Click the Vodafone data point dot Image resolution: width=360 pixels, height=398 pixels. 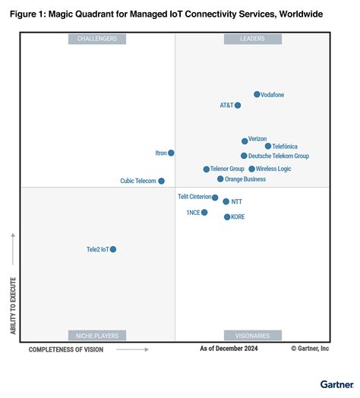click(x=257, y=95)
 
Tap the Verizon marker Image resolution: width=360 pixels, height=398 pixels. click(x=245, y=141)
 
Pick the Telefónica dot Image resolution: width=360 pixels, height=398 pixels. click(x=268, y=146)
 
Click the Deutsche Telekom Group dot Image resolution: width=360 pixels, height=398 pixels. click(x=244, y=156)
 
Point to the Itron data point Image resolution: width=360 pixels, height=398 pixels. click(x=171, y=153)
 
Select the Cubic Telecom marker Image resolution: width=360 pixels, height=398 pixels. click(x=161, y=181)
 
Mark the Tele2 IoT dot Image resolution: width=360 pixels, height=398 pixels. click(x=113, y=249)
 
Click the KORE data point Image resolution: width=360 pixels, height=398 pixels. click(x=226, y=217)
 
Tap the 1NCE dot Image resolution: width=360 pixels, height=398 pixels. click(x=204, y=213)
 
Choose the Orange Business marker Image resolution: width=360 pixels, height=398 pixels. click(x=220, y=179)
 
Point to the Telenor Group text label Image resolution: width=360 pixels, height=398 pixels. click(x=228, y=169)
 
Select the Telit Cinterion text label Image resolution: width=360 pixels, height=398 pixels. click(x=194, y=197)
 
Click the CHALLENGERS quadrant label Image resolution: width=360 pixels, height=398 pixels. click(x=97, y=39)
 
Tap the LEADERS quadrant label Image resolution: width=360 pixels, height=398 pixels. click(x=253, y=39)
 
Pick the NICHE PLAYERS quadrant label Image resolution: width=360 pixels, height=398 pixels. click(x=97, y=335)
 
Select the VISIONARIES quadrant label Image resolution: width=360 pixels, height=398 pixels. click(x=253, y=335)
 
